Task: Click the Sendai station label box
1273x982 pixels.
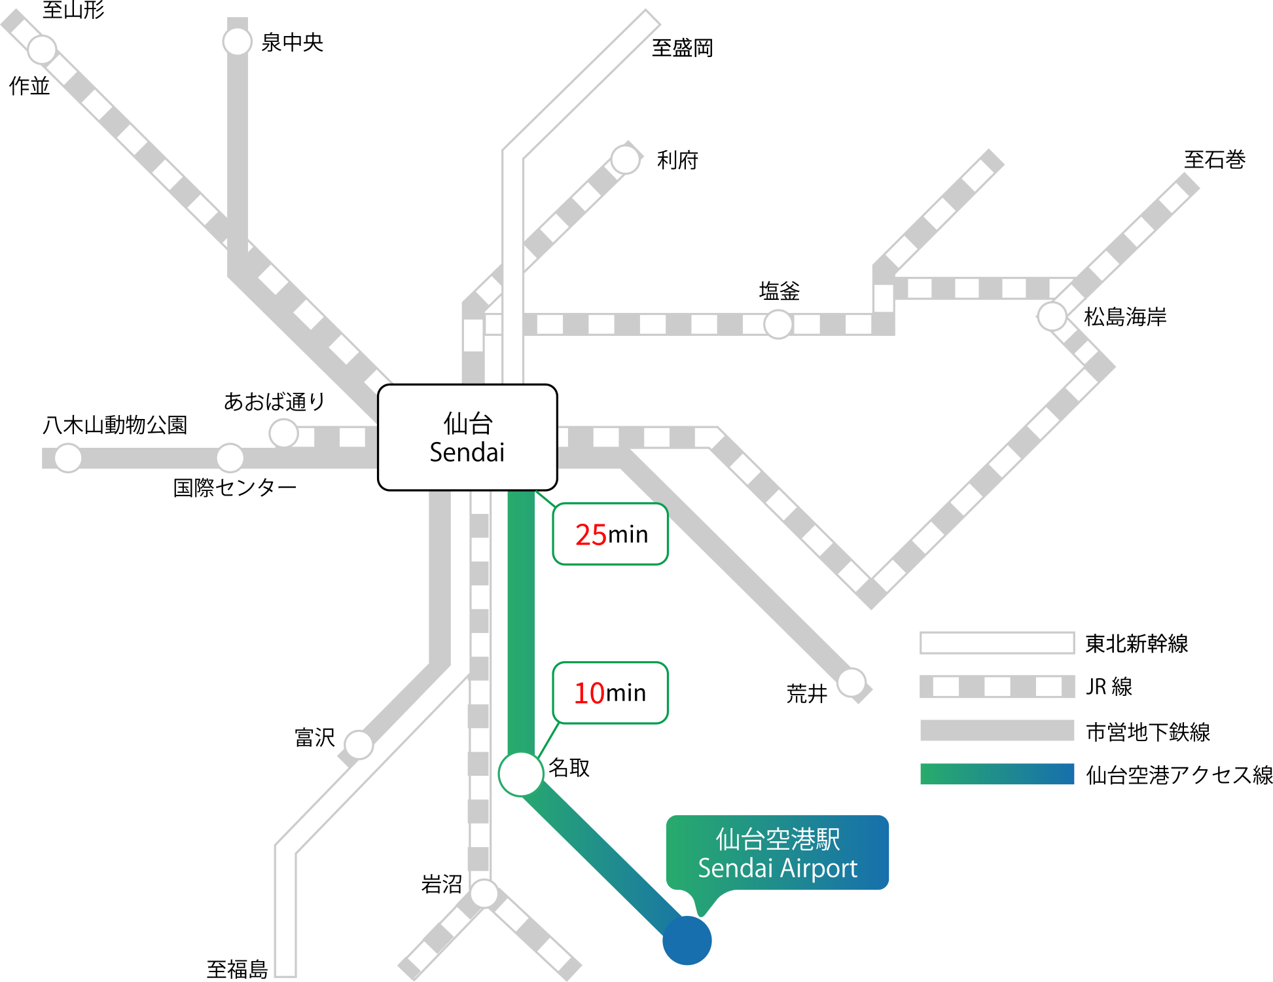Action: click(x=467, y=437)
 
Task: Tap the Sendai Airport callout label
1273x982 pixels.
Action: click(x=778, y=852)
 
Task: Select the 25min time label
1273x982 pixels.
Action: click(x=611, y=534)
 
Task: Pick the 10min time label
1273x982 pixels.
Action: click(x=611, y=693)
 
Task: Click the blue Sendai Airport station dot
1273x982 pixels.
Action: click(x=687, y=940)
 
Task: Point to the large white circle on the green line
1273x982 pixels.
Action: click(x=521, y=774)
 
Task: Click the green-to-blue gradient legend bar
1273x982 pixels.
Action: click(x=997, y=774)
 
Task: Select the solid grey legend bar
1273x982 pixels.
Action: click(x=997, y=730)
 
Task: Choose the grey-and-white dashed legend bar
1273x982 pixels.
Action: click(x=997, y=687)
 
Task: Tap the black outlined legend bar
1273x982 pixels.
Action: click(x=997, y=643)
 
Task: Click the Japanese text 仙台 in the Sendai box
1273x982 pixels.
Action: click(x=467, y=424)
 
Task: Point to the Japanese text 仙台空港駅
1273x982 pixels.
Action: click(x=778, y=839)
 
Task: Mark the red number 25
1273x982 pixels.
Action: click(x=591, y=535)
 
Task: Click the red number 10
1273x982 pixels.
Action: click(x=589, y=693)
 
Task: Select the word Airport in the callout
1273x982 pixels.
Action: click(x=818, y=869)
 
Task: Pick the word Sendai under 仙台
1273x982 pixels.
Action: click(x=467, y=452)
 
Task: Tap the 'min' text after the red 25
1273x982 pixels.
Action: click(x=628, y=535)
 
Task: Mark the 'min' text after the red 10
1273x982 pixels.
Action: click(x=626, y=693)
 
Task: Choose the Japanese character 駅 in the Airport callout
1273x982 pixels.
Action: click(x=828, y=839)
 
